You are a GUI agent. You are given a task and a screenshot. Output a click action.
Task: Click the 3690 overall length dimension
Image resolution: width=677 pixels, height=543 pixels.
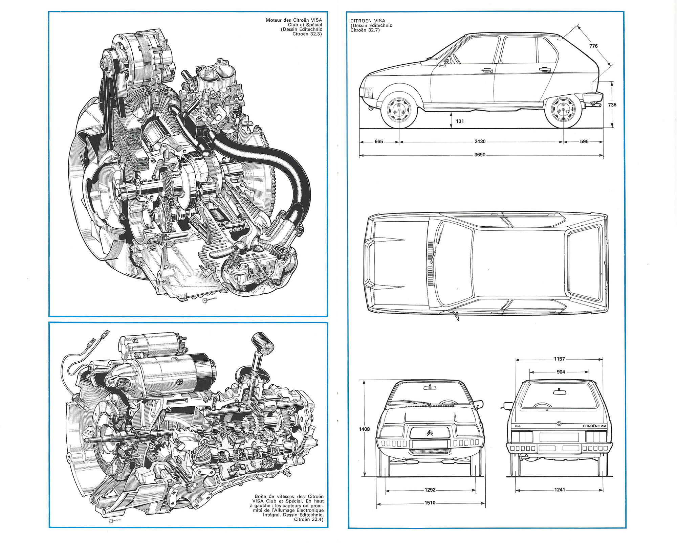(x=480, y=155)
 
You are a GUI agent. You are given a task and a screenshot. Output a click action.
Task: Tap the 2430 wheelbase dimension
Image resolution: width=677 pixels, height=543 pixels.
(x=480, y=142)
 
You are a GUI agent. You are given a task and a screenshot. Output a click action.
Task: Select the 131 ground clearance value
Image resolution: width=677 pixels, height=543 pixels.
(x=460, y=121)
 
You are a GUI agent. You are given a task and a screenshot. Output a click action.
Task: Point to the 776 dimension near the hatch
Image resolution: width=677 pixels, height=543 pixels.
(x=593, y=46)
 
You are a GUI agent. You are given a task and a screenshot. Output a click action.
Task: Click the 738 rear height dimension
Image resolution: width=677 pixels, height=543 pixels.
(x=612, y=105)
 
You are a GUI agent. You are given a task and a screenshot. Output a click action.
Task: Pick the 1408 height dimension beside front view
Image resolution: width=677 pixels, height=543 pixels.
(x=364, y=429)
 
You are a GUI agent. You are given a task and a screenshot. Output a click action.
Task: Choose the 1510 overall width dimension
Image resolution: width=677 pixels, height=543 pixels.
(x=430, y=503)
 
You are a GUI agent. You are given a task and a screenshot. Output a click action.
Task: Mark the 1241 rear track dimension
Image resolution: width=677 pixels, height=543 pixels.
(x=560, y=490)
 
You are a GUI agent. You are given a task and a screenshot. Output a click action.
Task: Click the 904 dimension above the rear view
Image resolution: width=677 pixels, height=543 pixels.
(x=561, y=372)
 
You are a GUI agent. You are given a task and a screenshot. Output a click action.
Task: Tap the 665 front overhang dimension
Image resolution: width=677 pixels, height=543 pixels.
(x=379, y=142)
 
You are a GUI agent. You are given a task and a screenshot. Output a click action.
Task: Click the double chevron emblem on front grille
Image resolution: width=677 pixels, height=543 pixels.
(x=430, y=433)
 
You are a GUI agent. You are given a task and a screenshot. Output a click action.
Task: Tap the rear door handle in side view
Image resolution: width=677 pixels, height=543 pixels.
(x=545, y=70)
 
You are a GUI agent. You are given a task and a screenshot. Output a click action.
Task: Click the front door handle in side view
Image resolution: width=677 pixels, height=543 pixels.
(x=487, y=70)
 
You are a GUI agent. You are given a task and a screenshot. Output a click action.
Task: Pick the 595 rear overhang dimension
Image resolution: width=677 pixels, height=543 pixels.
(x=584, y=142)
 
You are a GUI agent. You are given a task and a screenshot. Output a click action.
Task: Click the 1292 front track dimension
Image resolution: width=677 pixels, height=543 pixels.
(x=430, y=490)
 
